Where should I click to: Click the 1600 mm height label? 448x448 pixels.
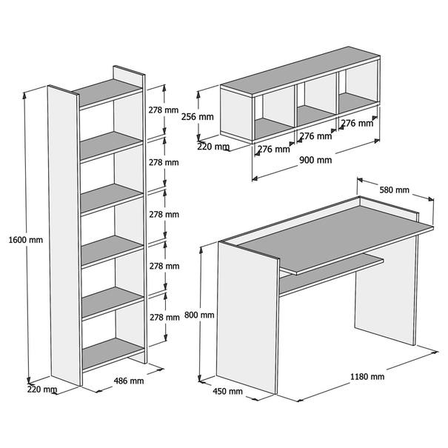point(26,240)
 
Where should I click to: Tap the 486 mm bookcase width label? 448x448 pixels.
point(129,381)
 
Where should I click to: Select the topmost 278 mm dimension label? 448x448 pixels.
point(164,110)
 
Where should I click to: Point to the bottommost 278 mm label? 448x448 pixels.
point(164,317)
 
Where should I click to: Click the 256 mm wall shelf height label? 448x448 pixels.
point(198,116)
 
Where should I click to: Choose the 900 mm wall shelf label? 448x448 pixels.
point(315,160)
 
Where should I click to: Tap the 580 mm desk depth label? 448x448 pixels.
point(394,190)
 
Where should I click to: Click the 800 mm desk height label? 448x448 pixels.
point(199,315)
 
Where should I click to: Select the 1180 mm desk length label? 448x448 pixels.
point(367,377)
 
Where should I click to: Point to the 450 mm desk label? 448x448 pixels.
point(228,391)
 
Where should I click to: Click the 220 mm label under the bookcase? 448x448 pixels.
point(42,390)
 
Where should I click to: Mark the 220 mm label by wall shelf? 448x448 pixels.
point(213,147)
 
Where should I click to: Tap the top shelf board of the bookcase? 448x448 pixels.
point(107,92)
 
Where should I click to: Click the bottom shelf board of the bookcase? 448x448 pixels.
point(113,354)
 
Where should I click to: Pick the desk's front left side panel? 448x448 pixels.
point(247,318)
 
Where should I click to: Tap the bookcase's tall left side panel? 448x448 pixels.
point(64,235)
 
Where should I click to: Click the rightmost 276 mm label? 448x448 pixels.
point(357,123)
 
